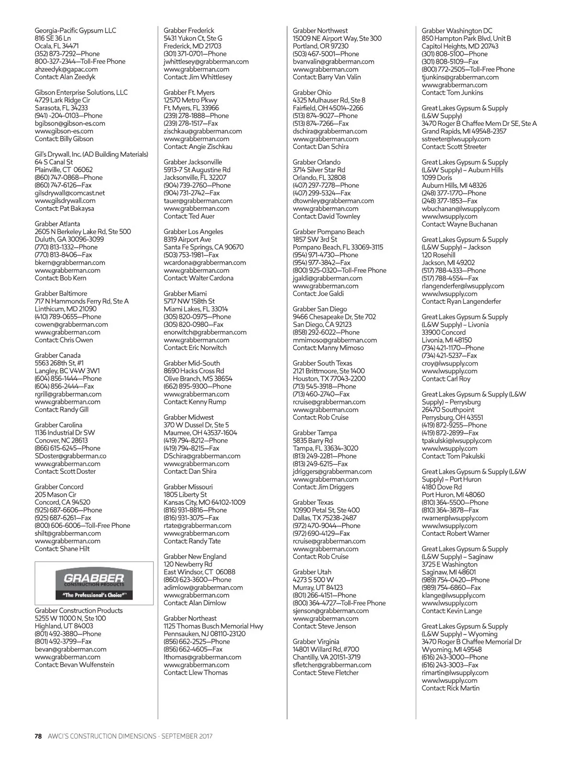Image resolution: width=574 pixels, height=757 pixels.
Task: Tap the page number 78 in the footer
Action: [x=38, y=736]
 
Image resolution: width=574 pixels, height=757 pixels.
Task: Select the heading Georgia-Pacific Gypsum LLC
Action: [x=75, y=31]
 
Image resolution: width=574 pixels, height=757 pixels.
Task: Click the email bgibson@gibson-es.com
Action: [x=70, y=123]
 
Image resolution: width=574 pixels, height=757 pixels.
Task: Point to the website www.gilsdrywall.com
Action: [x=65, y=201]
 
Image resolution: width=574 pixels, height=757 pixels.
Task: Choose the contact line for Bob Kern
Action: [x=60, y=278]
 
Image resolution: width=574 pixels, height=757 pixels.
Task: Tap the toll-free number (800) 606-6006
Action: [x=82, y=525]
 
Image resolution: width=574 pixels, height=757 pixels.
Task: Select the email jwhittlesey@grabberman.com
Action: [x=206, y=62]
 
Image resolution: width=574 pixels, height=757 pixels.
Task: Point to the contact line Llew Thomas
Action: [x=196, y=673]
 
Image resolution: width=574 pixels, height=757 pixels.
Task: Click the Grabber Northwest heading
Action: [x=320, y=31]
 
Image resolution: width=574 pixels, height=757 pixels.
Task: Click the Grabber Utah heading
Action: [x=312, y=572]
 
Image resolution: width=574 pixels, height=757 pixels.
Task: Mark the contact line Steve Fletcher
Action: [x=325, y=673]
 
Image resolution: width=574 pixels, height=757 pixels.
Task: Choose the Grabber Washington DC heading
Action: [x=457, y=31]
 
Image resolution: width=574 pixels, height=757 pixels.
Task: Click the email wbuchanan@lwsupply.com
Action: [x=461, y=209]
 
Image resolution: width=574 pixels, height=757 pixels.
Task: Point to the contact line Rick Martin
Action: [x=450, y=688]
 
